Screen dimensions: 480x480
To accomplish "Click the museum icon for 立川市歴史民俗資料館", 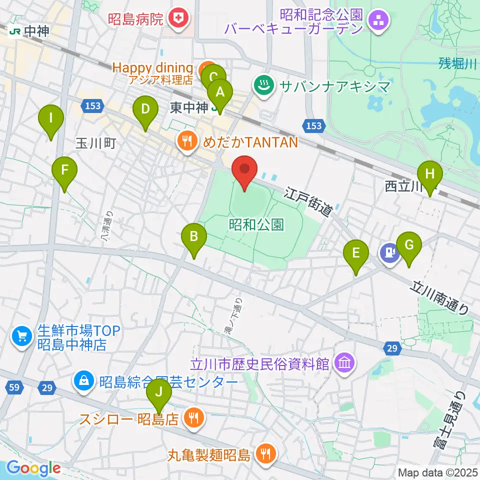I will click(x=345, y=360).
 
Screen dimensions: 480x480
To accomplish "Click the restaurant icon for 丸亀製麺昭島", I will click(x=263, y=453).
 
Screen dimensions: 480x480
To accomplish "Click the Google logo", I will click(x=33, y=468).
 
